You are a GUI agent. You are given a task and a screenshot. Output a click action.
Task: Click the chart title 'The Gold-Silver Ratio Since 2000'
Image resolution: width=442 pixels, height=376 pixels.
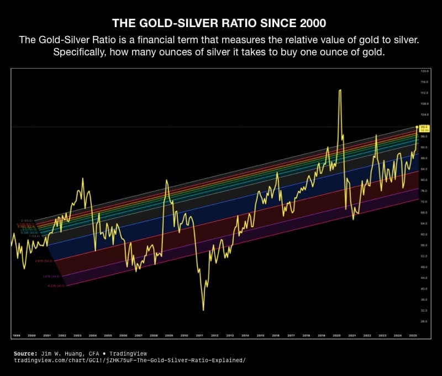(221, 23)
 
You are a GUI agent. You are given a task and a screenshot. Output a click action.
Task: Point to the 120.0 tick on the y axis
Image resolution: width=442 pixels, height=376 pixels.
(424, 71)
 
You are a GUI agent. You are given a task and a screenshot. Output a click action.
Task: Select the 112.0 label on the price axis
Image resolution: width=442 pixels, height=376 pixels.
(424, 93)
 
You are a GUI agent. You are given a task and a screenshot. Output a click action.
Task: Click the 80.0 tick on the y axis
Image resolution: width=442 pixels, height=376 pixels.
(424, 180)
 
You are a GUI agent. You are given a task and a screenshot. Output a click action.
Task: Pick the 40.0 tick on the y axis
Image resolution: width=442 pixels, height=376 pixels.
(424, 288)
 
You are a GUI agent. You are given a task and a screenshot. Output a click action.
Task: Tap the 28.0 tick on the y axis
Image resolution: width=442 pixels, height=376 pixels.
(424, 321)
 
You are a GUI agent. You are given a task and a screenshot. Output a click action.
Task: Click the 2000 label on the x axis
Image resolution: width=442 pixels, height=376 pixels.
(32, 335)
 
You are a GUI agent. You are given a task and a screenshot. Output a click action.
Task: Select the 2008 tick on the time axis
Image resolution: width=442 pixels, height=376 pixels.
(154, 335)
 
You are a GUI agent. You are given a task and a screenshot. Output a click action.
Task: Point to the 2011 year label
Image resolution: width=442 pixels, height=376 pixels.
(199, 335)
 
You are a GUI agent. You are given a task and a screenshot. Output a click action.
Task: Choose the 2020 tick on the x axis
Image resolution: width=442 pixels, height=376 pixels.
(336, 335)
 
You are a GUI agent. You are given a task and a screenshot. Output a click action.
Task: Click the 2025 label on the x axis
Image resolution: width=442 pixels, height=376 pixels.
(413, 335)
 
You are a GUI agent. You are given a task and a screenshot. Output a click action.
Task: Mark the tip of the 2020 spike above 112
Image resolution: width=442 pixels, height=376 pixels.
(339, 90)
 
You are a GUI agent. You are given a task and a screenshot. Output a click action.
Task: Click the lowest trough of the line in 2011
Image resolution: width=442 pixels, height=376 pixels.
(203, 310)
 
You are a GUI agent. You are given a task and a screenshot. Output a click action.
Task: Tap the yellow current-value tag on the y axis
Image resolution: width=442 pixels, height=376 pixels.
(424, 128)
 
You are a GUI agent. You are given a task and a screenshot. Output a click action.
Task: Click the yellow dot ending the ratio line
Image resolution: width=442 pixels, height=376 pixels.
(417, 127)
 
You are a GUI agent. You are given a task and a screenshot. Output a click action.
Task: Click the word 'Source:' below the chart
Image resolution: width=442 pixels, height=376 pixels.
(25, 352)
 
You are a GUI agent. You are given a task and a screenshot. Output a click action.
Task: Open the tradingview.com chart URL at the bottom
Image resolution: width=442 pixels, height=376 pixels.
(130, 360)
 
